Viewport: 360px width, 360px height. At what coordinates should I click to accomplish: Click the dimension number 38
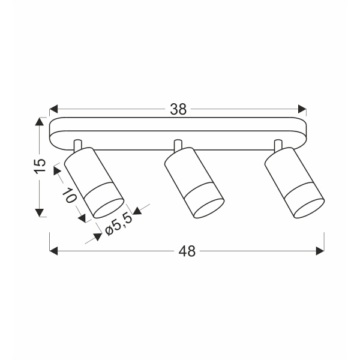[x=178, y=109]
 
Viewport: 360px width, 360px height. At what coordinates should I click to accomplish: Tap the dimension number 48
[x=187, y=251]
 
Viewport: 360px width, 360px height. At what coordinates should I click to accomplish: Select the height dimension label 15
[x=41, y=166]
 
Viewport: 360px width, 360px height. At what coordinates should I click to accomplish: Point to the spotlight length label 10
[x=70, y=195]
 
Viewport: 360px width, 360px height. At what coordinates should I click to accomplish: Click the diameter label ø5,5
[x=119, y=225]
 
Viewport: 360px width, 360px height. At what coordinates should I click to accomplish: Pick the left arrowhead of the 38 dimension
[x=53, y=109]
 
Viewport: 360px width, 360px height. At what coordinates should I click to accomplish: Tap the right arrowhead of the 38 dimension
[x=302, y=109]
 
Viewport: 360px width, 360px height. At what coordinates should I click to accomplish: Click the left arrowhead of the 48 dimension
[x=53, y=251]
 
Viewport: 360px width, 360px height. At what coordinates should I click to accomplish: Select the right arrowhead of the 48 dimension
[x=320, y=251]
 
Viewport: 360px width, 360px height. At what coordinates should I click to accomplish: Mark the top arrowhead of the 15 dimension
[x=39, y=121]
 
